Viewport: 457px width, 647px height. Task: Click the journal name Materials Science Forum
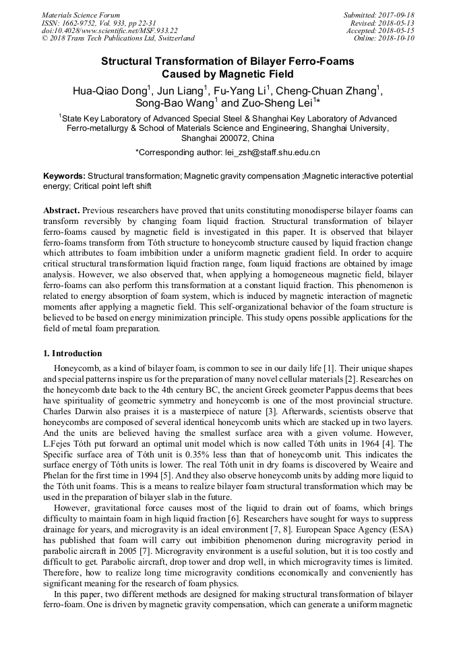click(x=81, y=15)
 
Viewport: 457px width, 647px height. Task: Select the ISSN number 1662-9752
click(x=82, y=23)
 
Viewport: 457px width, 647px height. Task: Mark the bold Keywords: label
click(x=65, y=176)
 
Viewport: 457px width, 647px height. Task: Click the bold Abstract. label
click(x=62, y=210)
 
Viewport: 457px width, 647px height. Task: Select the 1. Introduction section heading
click(x=73, y=354)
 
